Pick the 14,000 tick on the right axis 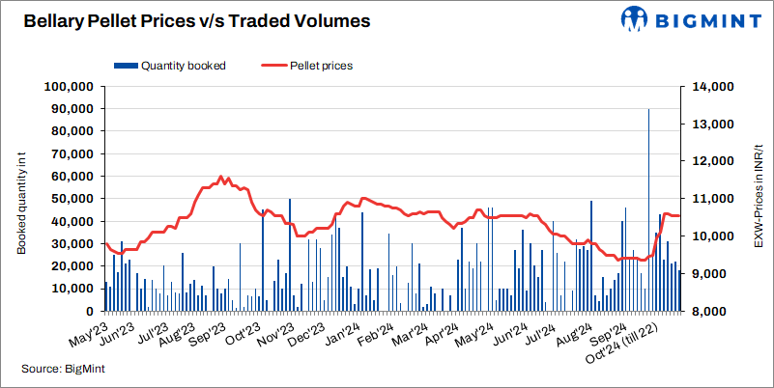click(710, 87)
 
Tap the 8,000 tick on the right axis click(707, 313)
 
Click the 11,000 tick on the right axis click(710, 200)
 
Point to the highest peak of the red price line click(221, 177)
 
